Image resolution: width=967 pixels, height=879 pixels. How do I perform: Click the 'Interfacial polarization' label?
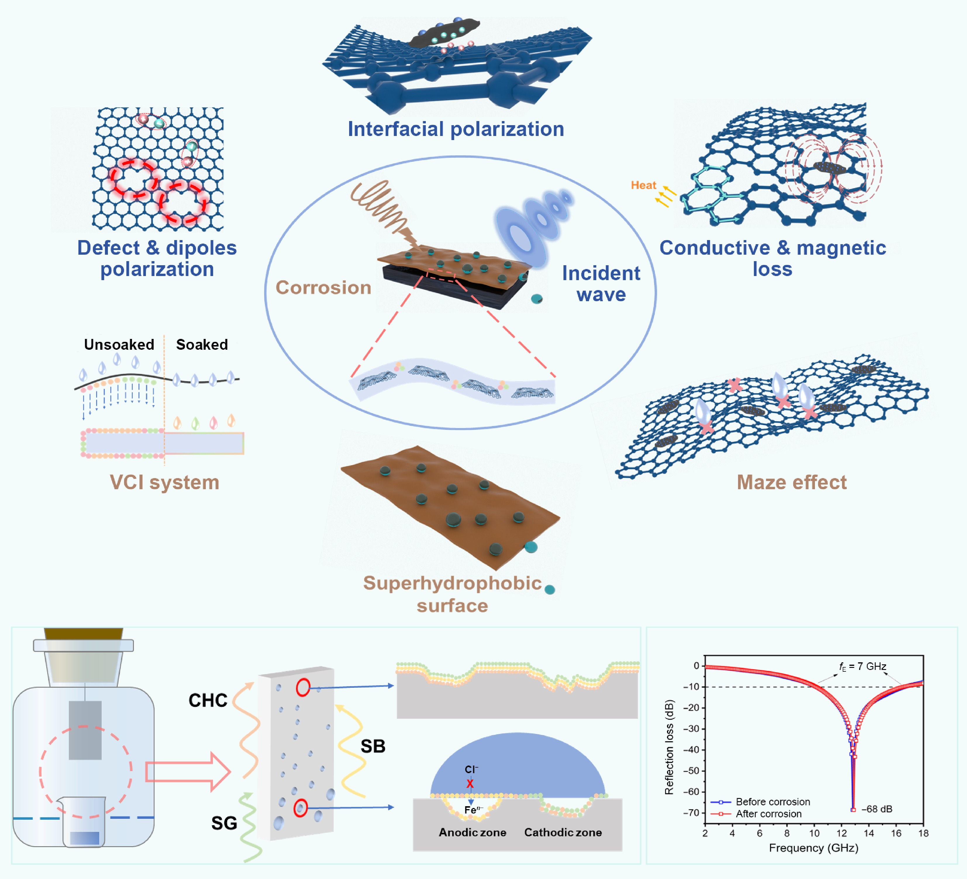click(x=456, y=129)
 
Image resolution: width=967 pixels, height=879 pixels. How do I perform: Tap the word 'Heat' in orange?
click(x=643, y=185)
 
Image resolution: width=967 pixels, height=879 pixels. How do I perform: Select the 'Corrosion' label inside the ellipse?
click(x=323, y=287)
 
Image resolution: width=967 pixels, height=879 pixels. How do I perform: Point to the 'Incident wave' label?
click(x=601, y=283)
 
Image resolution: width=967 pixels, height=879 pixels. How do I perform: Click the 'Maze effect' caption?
click(x=792, y=482)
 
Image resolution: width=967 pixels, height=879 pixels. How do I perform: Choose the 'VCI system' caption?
click(x=165, y=482)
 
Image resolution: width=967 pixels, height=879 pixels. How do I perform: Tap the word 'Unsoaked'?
click(x=119, y=344)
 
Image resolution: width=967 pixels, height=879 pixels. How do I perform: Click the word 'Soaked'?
click(x=202, y=344)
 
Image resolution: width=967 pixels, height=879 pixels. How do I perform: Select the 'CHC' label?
click(x=208, y=700)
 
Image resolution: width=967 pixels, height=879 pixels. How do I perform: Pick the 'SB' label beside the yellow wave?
click(x=373, y=746)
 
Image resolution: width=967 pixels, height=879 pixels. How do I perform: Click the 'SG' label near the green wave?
click(x=224, y=823)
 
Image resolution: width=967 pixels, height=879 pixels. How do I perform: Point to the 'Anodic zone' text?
click(x=473, y=832)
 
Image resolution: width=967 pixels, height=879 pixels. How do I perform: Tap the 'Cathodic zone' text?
click(x=563, y=832)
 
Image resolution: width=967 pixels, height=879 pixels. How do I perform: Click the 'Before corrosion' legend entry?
click(x=772, y=802)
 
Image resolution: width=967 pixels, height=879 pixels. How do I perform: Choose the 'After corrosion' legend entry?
click(x=768, y=814)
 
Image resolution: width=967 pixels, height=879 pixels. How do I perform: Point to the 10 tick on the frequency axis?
click(x=814, y=833)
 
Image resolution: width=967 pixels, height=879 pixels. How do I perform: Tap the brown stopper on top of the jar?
click(x=83, y=633)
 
